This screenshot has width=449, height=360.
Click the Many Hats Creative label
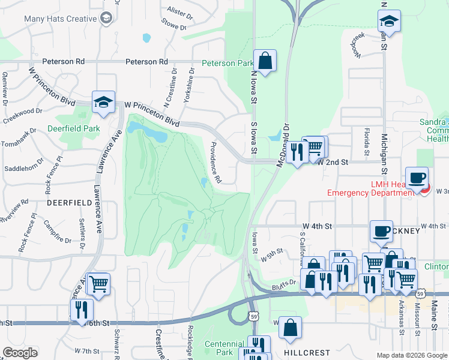(x=60, y=19)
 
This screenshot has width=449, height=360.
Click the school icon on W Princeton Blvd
(x=103, y=103)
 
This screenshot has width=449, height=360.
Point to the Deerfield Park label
(x=74, y=128)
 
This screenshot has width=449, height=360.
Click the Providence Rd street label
(x=214, y=163)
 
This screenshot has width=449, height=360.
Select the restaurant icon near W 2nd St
(x=296, y=152)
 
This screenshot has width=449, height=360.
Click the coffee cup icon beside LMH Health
(x=418, y=179)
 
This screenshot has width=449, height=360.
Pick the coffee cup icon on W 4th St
(x=381, y=232)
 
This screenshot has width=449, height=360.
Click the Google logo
(x=20, y=353)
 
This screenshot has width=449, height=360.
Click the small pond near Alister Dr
(x=146, y=38)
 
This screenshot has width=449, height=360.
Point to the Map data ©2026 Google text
(x=412, y=355)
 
